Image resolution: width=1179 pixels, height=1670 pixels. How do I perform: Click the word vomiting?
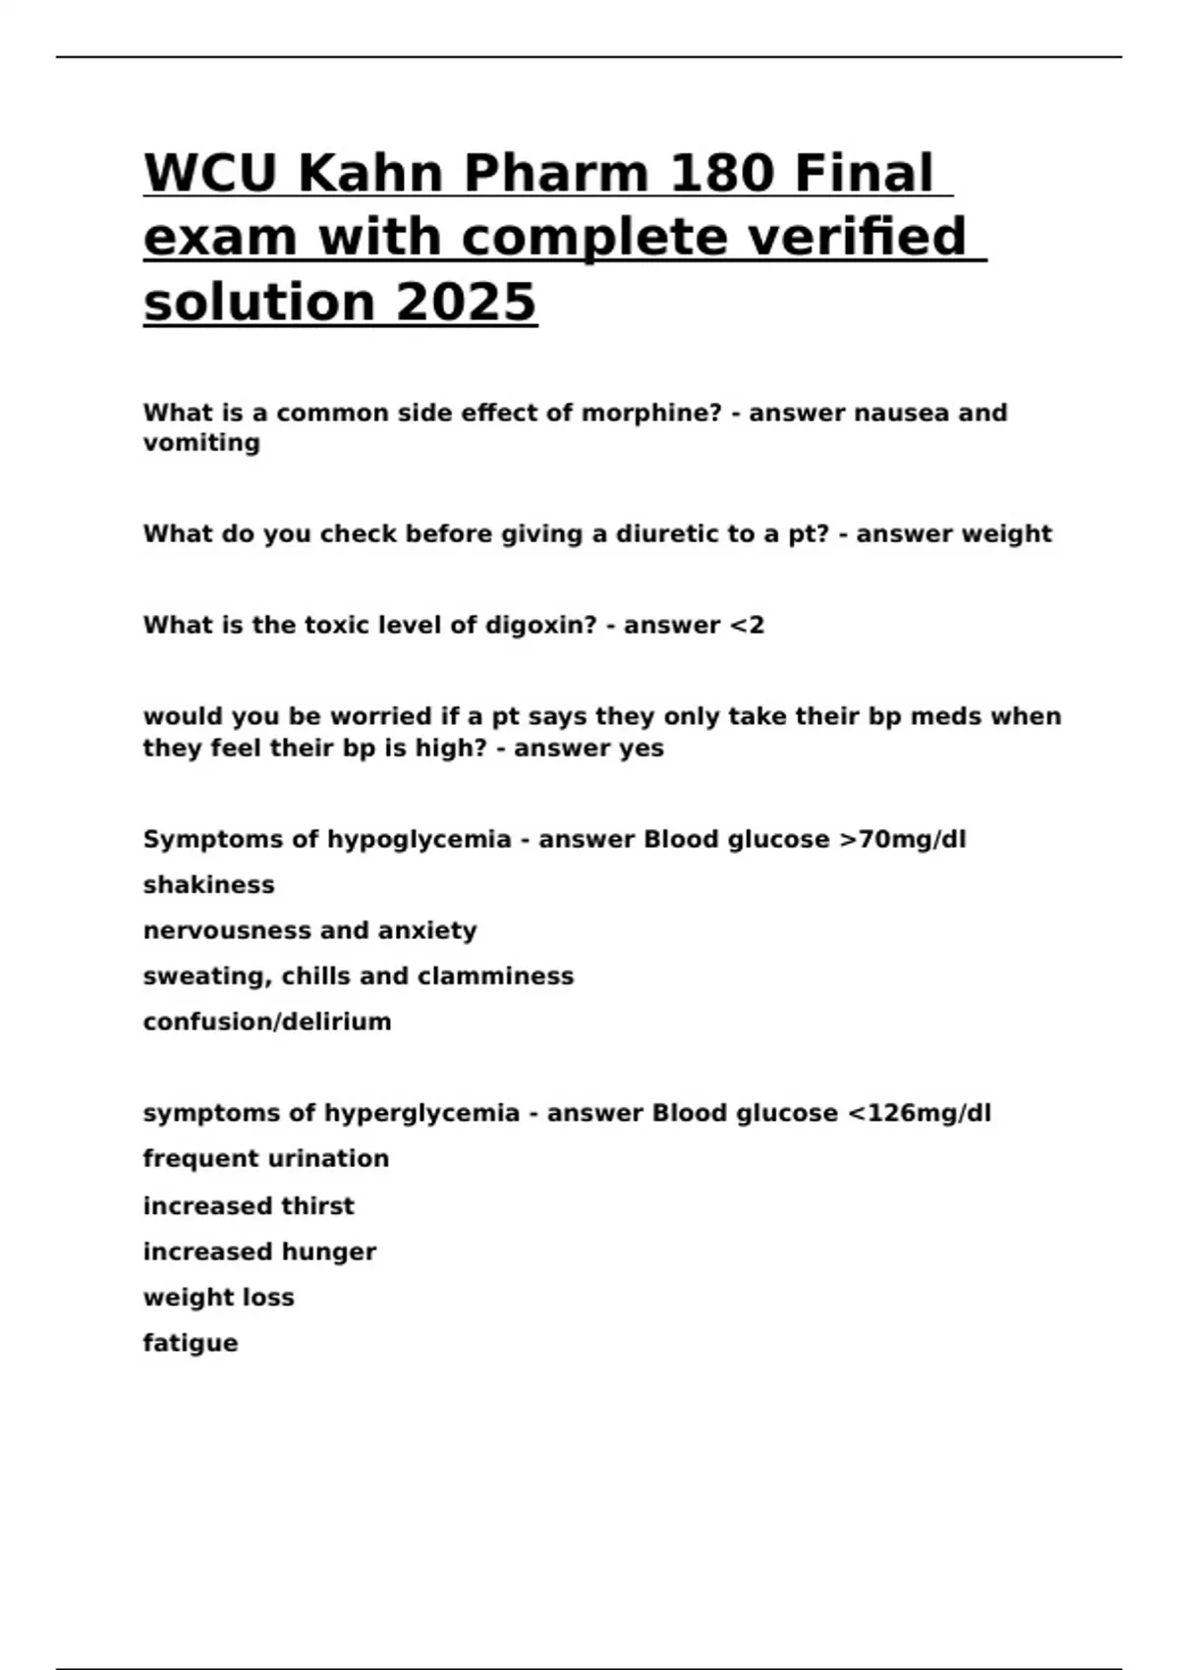pos(201,443)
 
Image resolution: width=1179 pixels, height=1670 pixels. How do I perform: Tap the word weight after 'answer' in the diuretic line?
pos(1005,533)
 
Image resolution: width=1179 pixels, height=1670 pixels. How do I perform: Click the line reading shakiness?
pos(208,885)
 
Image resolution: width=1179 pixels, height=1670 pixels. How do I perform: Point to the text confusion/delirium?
pos(266,1022)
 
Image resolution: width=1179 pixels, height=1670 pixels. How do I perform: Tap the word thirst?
pos(317,1205)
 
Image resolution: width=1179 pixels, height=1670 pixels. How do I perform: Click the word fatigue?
pos(190,1343)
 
